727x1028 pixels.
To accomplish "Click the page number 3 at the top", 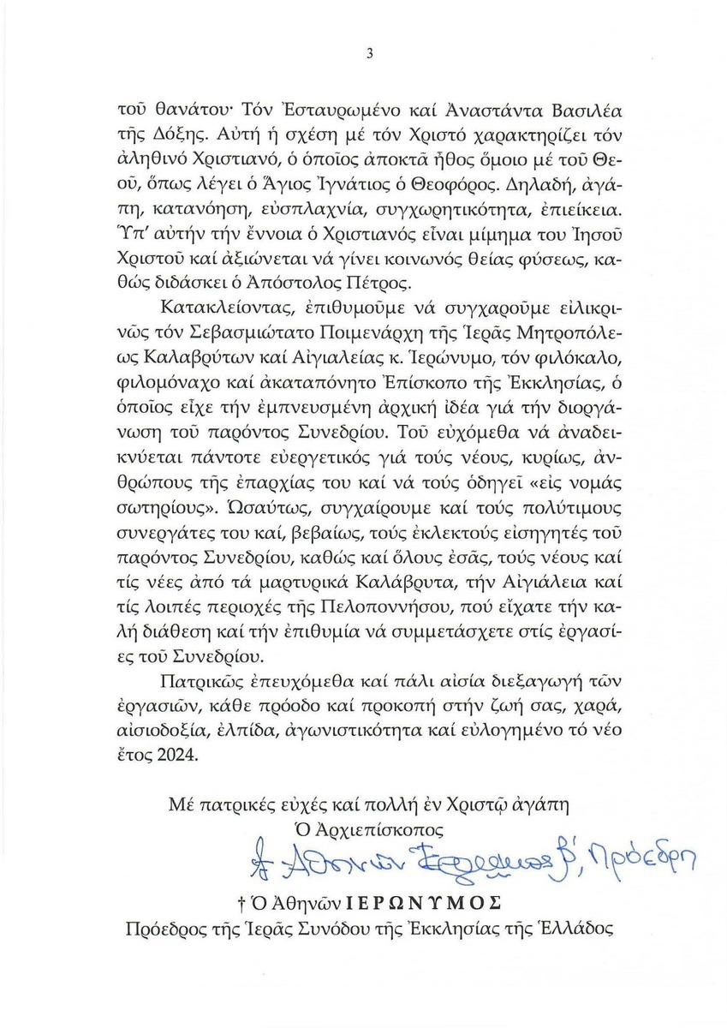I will click(367, 53).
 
